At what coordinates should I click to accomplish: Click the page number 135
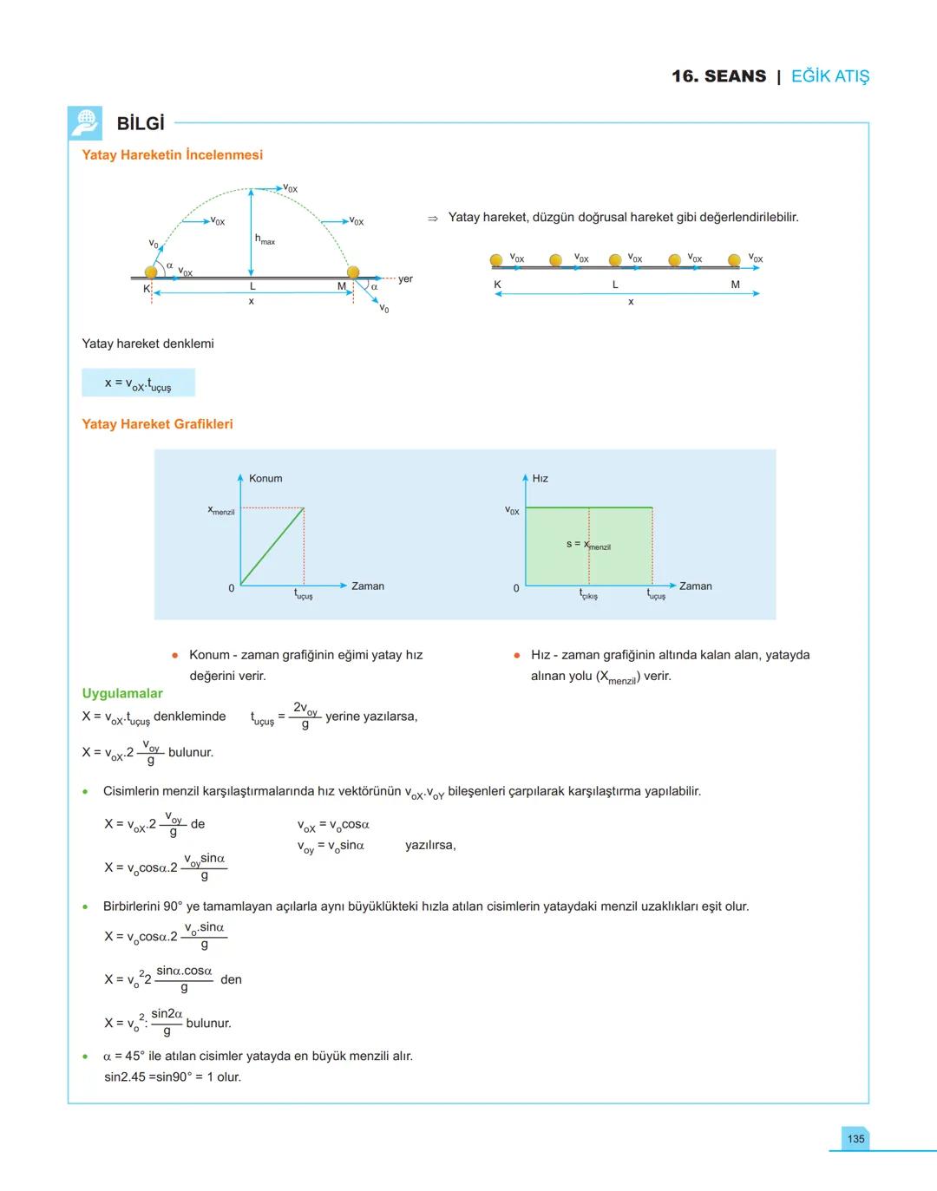[x=855, y=1139]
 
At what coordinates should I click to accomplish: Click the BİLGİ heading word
[x=141, y=124]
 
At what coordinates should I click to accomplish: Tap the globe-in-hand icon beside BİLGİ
[x=85, y=123]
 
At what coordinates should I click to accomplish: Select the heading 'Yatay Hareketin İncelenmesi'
[x=172, y=155]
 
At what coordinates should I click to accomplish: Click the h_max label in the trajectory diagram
[x=265, y=239]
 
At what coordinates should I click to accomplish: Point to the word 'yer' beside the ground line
[x=405, y=279]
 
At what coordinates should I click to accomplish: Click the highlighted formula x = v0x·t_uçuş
[x=138, y=383]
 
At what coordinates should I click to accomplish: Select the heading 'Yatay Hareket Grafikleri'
[x=157, y=424]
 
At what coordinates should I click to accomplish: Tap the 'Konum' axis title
[x=265, y=479]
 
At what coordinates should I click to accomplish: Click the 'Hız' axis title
[x=540, y=479]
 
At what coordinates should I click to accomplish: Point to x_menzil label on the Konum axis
[x=221, y=511]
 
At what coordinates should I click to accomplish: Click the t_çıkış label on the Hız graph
[x=588, y=595]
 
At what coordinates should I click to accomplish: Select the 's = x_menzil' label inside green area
[x=588, y=545]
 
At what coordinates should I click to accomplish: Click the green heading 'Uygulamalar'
[x=122, y=693]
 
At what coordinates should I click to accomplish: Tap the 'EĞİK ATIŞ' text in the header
[x=829, y=76]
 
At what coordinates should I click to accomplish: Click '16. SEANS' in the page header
[x=718, y=76]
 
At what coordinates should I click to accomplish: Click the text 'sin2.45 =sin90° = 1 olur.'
[x=173, y=1077]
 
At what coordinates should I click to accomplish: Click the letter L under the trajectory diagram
[x=252, y=286]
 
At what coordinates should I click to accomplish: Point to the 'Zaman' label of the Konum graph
[x=367, y=586]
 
